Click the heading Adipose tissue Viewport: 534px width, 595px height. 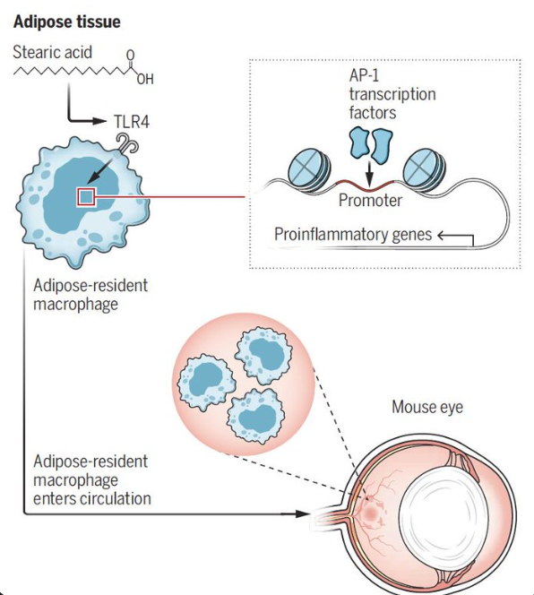(67, 22)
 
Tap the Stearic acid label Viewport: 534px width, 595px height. (52, 52)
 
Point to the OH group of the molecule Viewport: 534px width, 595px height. (145, 80)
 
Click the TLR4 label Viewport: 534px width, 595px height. (132, 122)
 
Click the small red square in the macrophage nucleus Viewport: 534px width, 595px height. (87, 197)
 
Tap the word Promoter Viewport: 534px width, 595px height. (370, 201)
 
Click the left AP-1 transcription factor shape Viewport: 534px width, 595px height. (358, 142)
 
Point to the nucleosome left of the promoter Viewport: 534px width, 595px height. (309, 168)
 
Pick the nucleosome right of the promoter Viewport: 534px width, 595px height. (424, 168)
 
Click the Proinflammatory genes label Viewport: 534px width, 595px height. (353, 235)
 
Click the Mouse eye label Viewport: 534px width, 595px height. (427, 407)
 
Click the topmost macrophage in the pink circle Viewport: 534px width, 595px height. (264, 356)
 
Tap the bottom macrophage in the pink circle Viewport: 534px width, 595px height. (256, 416)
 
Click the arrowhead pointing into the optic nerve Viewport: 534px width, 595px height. (303, 513)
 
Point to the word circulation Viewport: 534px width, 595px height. (116, 498)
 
